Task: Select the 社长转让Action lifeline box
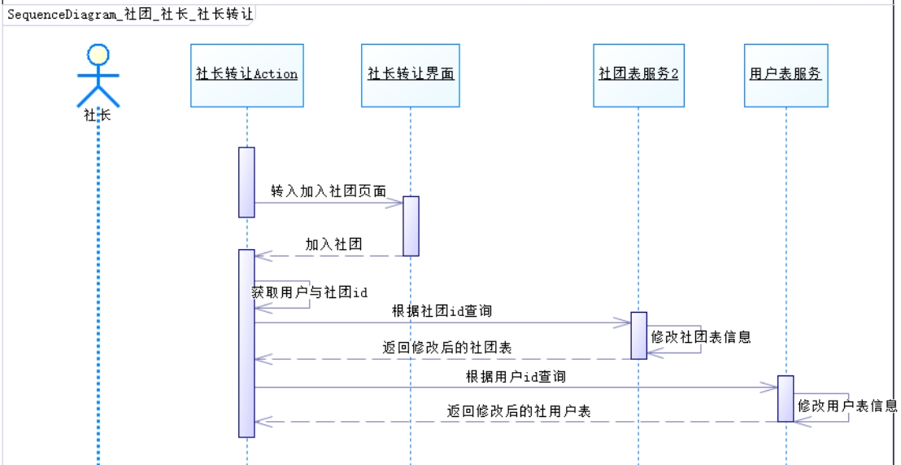point(247,75)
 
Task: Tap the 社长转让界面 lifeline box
point(411,75)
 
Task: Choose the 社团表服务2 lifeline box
point(638,75)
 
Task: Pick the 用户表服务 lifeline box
point(786,75)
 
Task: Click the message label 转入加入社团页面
point(329,191)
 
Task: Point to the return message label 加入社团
point(333,243)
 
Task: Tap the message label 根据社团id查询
point(442,311)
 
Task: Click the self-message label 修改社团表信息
point(700,336)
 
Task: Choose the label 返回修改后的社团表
point(447,348)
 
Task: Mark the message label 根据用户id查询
point(516,376)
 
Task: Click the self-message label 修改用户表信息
point(847,406)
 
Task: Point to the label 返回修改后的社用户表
point(519,411)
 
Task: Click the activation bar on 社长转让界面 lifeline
point(411,226)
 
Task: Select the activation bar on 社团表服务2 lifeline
point(639,335)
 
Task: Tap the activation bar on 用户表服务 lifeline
point(786,398)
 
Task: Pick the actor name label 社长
point(98,116)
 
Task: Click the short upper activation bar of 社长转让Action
point(246,182)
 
